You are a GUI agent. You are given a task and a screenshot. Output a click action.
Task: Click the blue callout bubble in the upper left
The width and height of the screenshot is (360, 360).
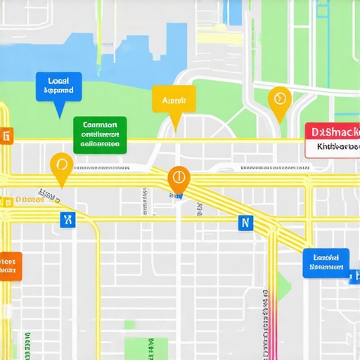[58, 86]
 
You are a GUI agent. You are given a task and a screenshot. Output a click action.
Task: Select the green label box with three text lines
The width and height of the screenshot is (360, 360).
[100, 134]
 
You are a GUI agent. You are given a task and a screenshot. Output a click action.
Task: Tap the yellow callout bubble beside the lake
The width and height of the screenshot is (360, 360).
[172, 100]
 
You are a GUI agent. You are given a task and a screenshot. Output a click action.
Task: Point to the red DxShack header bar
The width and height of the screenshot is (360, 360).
[333, 131]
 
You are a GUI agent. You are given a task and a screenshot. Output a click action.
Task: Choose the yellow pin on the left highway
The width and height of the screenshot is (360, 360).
[62, 165]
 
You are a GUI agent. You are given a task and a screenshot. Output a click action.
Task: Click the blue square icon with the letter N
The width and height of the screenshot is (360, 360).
[245, 223]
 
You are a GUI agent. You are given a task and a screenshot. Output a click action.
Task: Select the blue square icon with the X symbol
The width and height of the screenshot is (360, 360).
[67, 220]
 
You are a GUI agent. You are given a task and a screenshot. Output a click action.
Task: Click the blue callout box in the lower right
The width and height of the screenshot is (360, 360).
[326, 262]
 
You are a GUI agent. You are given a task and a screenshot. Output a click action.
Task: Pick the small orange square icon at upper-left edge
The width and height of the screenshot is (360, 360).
[7, 136]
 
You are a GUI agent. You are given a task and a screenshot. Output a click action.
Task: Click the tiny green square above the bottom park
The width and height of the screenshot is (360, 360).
[129, 324]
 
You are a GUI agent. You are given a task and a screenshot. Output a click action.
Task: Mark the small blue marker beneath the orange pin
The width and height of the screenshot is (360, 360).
[179, 196]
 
